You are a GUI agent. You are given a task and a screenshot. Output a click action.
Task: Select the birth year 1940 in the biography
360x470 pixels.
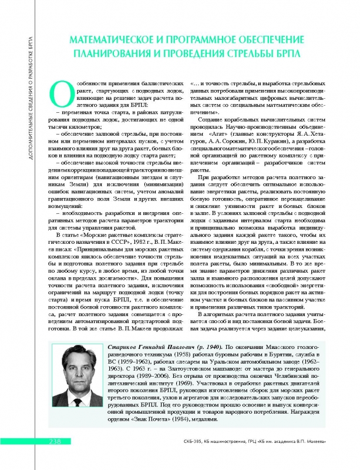click(211, 348)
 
